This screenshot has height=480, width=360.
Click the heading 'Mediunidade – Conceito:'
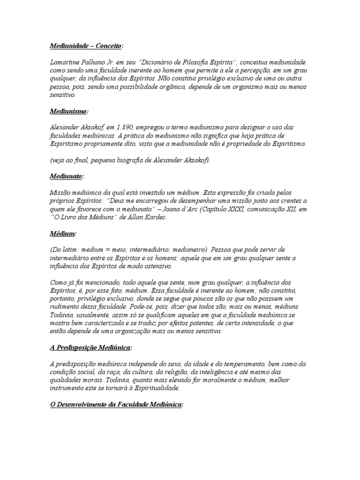pyautogui.click(x=87, y=46)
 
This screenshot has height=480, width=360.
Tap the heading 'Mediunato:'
pyautogui.click(x=67, y=176)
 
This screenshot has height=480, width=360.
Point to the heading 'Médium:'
pyautogui.click(x=63, y=233)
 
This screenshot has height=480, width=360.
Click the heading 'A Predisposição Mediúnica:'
pyautogui.click(x=91, y=347)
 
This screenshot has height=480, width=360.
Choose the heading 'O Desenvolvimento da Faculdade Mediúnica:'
pyautogui.click(x=116, y=404)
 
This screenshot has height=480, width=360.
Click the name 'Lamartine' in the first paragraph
pyautogui.click(x=64, y=62)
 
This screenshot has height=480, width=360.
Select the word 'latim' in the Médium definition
pyautogui.click(x=73, y=249)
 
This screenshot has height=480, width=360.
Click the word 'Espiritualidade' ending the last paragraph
pyautogui.click(x=155, y=388)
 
